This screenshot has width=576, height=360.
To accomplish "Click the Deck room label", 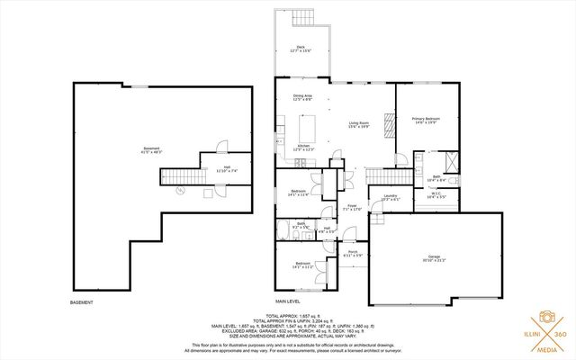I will tap(301, 49).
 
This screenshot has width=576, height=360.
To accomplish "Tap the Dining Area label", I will tap(302, 98).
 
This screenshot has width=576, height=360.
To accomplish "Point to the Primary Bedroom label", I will tap(425, 121).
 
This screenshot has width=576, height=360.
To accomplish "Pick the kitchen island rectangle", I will tap(303, 130).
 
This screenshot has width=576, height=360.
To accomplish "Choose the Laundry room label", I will tap(390, 197).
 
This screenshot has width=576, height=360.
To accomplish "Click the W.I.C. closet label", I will tap(435, 194).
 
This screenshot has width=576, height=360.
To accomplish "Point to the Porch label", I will tap(353, 253).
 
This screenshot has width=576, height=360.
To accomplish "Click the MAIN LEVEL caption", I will tap(288, 301).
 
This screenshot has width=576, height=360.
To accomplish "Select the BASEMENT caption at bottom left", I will tap(82, 301).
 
